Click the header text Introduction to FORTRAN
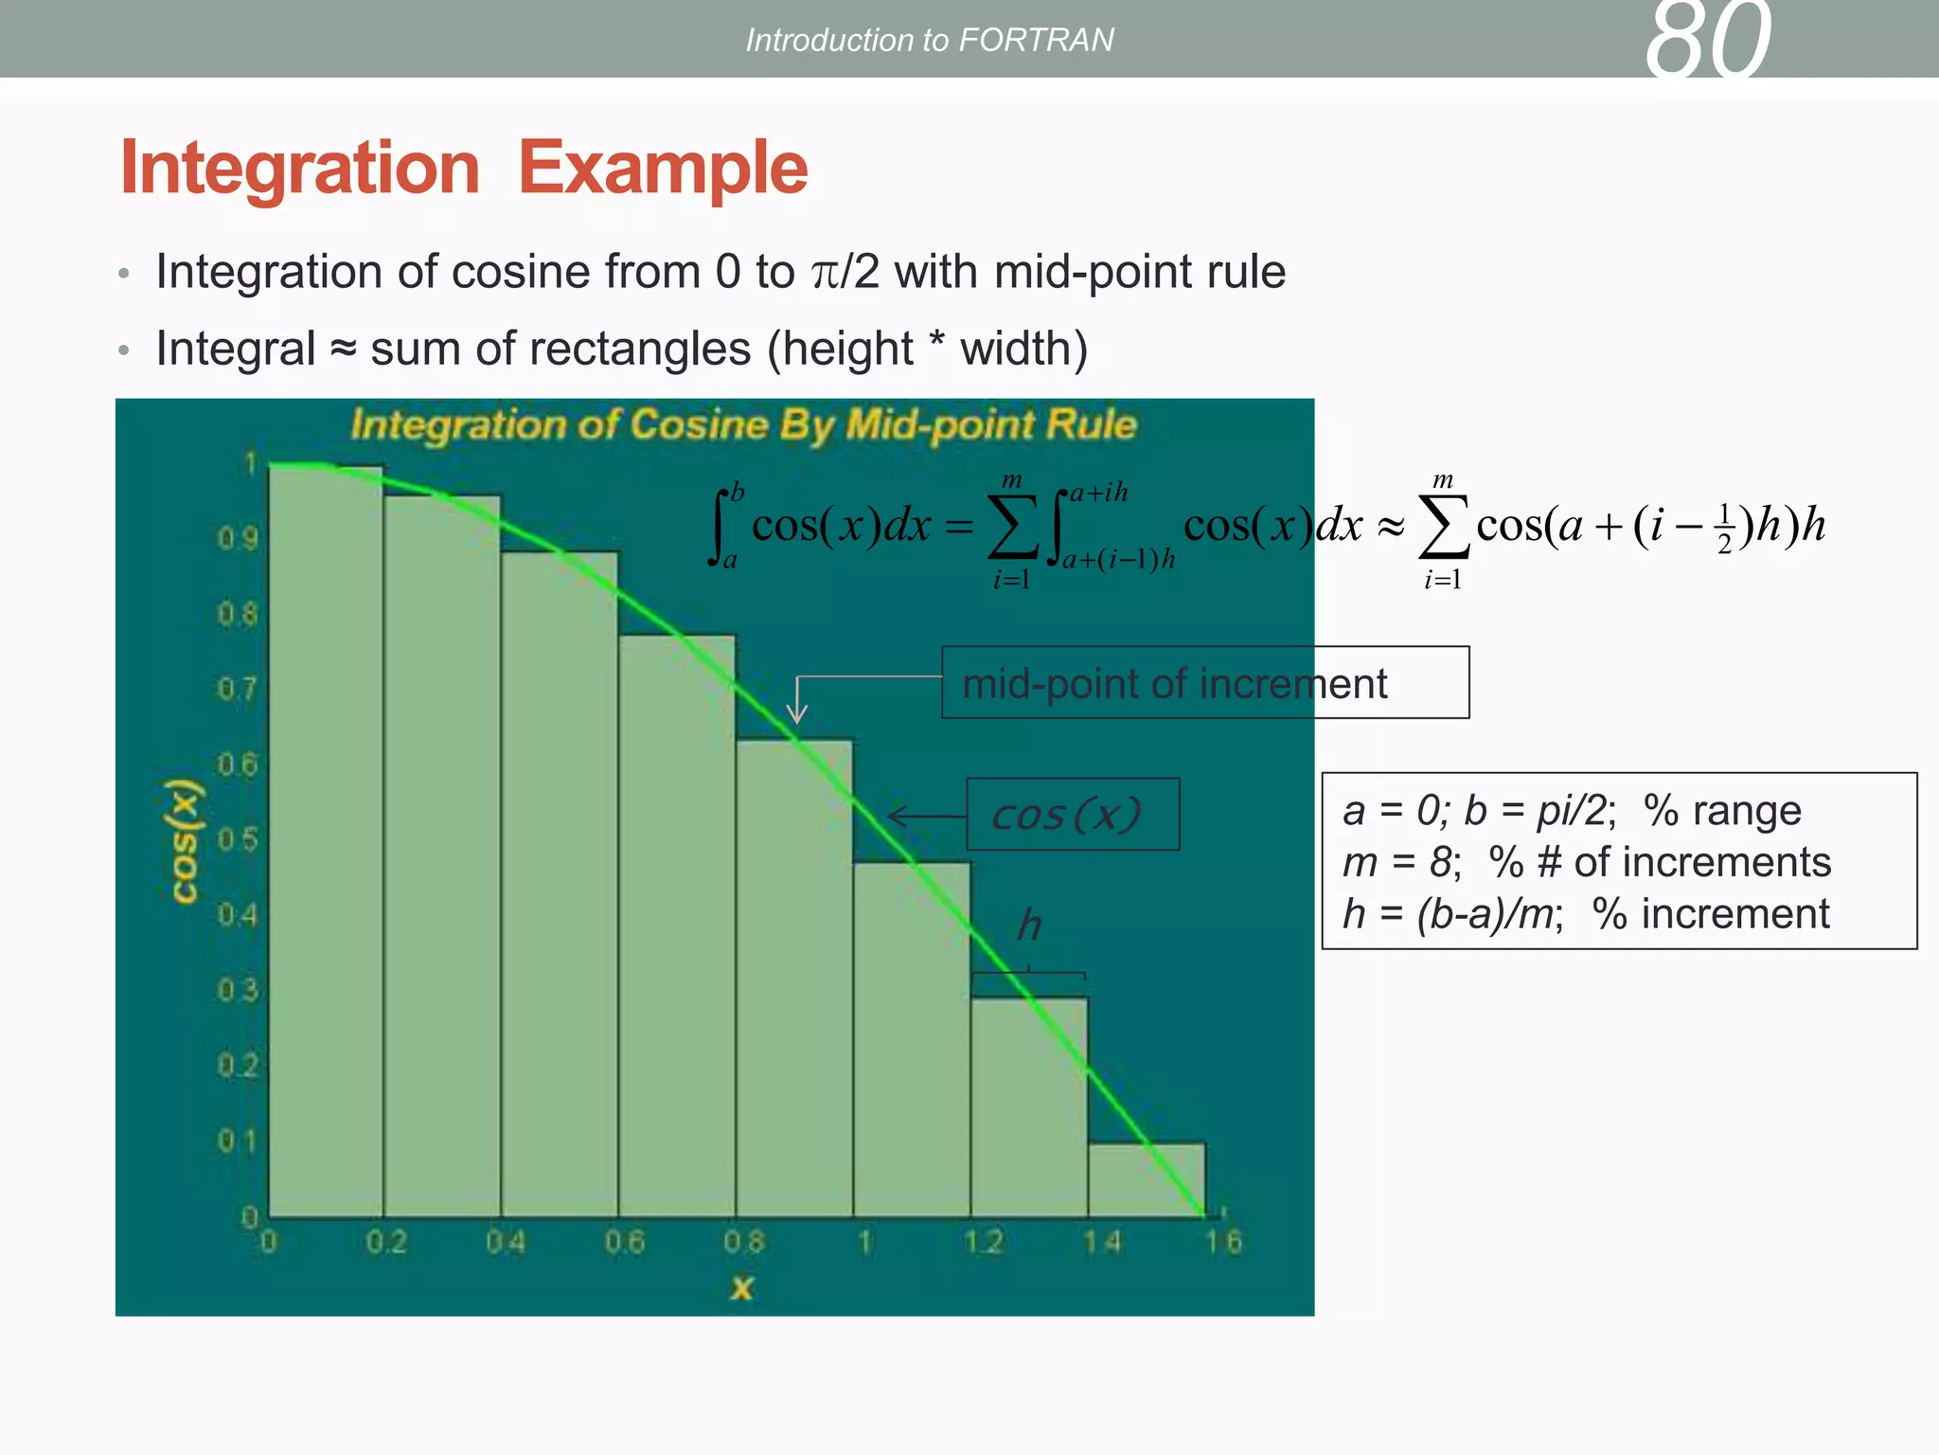point(929,40)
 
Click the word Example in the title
point(663,168)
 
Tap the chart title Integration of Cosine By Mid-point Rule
point(743,424)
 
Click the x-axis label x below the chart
point(741,1287)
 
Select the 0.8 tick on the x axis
point(743,1242)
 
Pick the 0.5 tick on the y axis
point(237,840)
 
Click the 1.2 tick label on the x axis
point(983,1242)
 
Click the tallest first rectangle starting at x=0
point(326,843)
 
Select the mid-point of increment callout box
point(1204,683)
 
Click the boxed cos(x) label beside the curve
point(1072,815)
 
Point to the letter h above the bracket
point(1029,925)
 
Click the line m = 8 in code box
point(1401,862)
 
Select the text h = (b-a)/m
point(1451,914)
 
